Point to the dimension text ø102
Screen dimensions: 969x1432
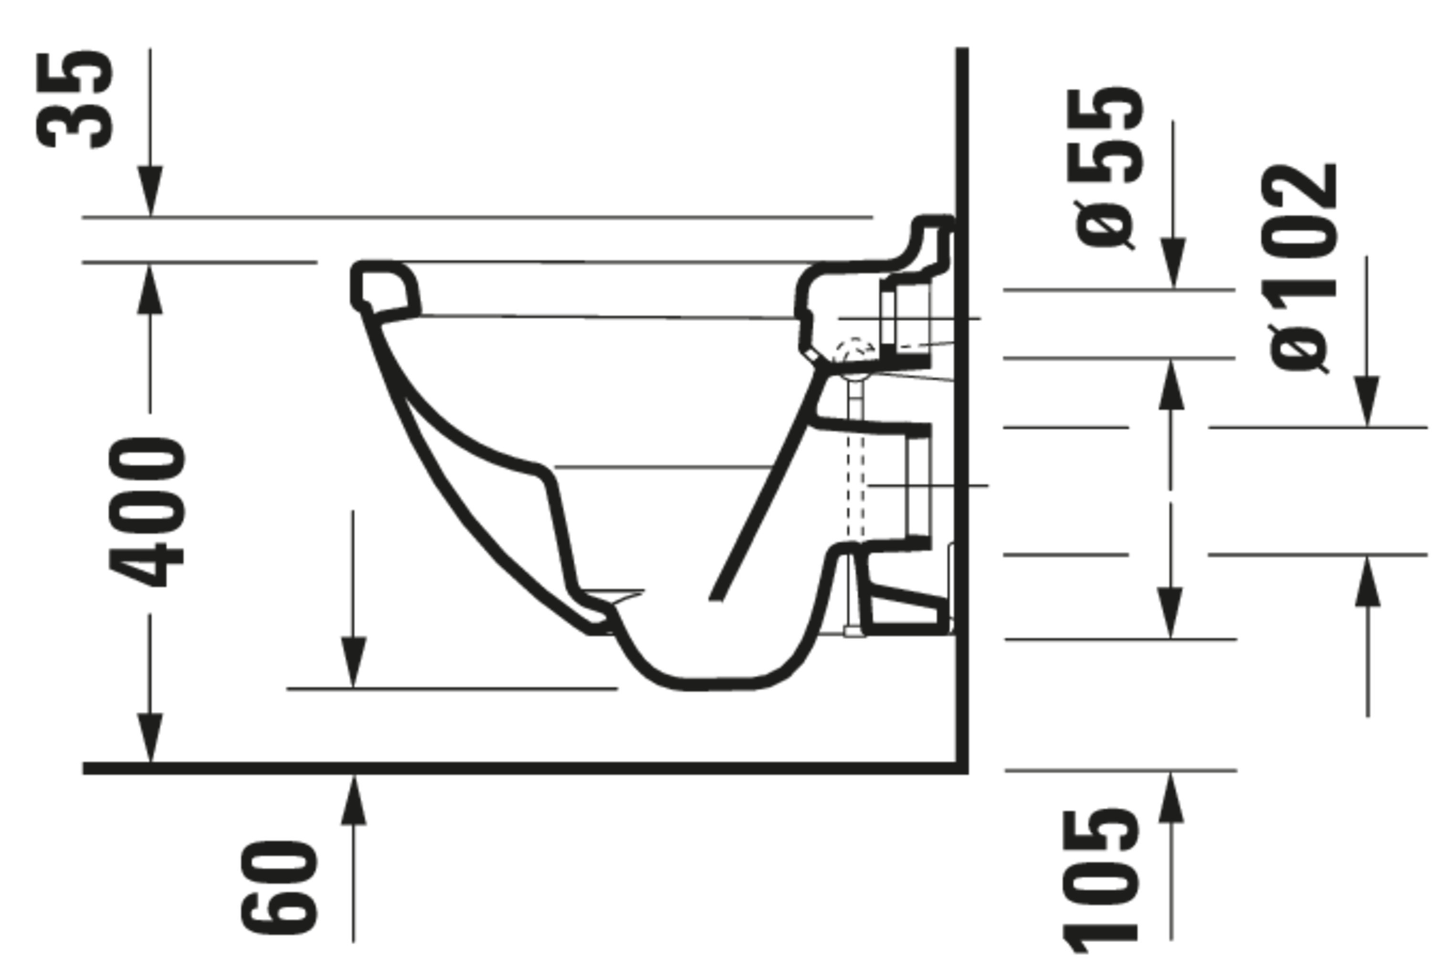[1300, 268]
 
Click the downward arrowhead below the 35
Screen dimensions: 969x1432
[150, 191]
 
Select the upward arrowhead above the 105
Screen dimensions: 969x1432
[1171, 797]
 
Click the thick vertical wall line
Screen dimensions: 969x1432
[962, 431]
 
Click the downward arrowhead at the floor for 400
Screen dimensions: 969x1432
[150, 737]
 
